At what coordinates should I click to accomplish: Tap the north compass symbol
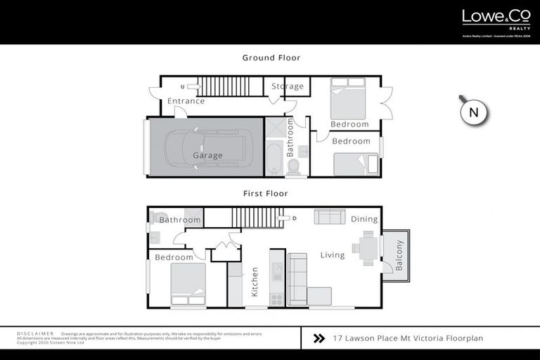point(473,112)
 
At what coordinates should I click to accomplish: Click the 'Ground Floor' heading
point(271,58)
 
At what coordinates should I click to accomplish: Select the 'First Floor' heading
point(265,193)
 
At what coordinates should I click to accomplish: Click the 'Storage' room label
point(288,86)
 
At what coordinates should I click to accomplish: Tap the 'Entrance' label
point(186,101)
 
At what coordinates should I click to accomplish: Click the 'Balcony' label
point(399,255)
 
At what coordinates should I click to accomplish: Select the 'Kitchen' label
point(255,281)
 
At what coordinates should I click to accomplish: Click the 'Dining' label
point(364,219)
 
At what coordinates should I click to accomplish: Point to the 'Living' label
point(333,255)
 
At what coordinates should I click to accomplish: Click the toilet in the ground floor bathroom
point(294,166)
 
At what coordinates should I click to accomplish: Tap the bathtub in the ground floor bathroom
point(272,159)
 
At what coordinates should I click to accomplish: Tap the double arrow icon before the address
point(319,338)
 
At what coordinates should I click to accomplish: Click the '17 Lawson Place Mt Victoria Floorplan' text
point(408,338)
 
